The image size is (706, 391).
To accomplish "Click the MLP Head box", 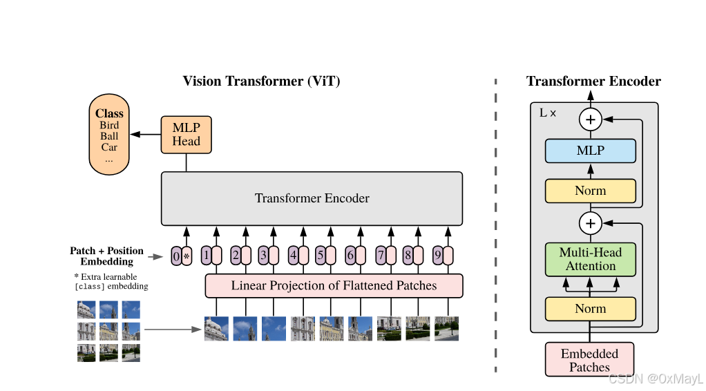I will tap(186, 135).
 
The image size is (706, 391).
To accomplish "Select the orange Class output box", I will tap(109, 135).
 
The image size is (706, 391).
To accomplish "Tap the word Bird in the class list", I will tap(109, 125).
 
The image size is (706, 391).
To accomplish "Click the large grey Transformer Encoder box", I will tap(312, 198).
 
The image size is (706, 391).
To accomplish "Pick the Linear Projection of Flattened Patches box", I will tap(334, 285).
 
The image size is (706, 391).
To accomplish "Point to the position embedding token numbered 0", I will tap(176, 257).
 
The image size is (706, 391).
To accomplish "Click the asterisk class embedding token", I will tap(186, 257).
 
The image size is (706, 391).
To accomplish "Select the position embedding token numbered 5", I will tap(320, 256).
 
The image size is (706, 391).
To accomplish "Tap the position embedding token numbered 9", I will tap(437, 256).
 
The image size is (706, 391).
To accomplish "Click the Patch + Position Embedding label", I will tap(106, 256).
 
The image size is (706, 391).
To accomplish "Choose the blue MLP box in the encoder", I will tap(590, 151).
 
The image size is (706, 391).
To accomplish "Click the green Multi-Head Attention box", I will tap(590, 259).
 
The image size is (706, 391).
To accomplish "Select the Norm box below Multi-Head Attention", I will tap(590, 309).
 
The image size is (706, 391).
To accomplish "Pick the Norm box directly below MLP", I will tap(590, 191).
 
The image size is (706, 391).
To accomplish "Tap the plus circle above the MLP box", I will tap(590, 120).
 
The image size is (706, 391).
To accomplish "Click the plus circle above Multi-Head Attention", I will tap(590, 222).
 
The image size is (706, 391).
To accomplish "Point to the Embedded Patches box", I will tap(589, 360).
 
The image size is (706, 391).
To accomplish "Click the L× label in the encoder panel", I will tap(547, 112).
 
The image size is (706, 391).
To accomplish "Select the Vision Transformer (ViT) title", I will tap(261, 82).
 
